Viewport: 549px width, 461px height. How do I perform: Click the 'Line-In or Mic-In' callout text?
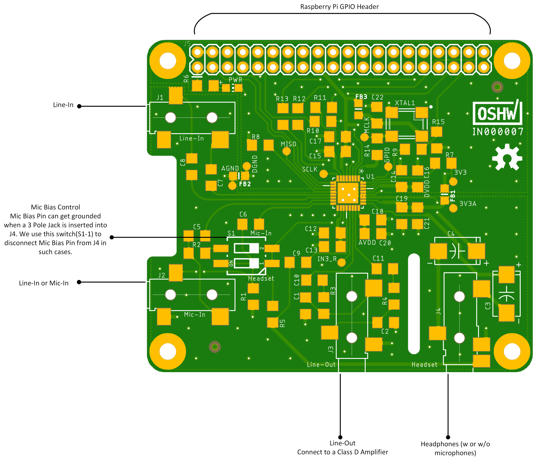[44, 283]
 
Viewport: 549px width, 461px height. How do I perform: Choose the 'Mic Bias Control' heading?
[55, 207]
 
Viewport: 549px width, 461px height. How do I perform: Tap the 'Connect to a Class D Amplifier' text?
[343, 452]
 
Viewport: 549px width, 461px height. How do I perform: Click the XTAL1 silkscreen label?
[405, 103]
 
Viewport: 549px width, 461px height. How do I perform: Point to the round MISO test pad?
[287, 151]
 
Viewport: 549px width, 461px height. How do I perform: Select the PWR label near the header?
[235, 80]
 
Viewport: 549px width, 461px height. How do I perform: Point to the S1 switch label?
[231, 233]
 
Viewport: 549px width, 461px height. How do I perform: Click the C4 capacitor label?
[451, 234]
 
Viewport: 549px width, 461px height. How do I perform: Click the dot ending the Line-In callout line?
[79, 106]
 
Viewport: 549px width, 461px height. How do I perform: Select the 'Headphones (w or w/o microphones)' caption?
[455, 448]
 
